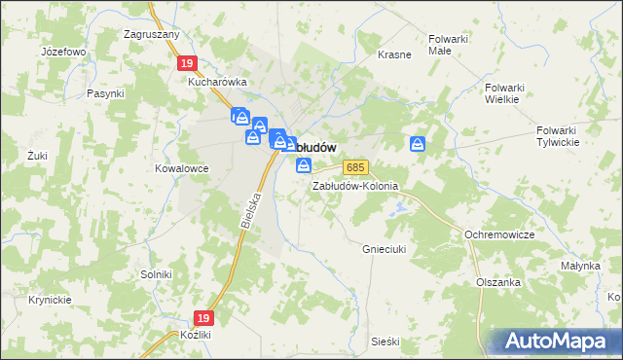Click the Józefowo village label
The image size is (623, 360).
tap(64, 51)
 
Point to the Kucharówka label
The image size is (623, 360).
tap(218, 83)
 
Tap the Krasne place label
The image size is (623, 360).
tap(394, 54)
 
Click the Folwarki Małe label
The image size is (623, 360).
tap(449, 46)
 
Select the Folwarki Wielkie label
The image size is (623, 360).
tap(504, 92)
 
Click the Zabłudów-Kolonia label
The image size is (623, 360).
tap(355, 186)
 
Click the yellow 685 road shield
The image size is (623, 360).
tap(358, 168)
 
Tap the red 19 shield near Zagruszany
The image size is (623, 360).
tap(188, 63)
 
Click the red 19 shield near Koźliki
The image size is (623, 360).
tap(202, 318)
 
